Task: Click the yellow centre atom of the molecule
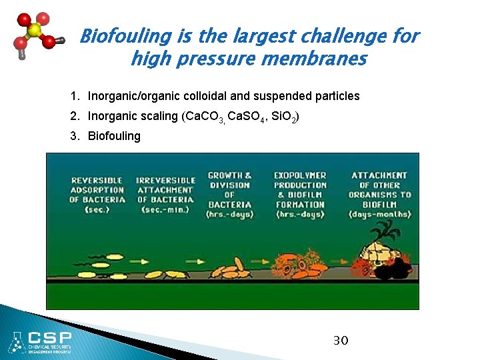35,31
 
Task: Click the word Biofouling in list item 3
114,136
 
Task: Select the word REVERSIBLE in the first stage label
97,180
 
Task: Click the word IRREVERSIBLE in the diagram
166,180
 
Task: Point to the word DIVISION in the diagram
229,185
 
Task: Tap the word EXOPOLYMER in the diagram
300,175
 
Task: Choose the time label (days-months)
379,214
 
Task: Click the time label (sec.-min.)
165,209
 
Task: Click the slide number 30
340,341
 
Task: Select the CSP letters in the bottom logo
49,337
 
